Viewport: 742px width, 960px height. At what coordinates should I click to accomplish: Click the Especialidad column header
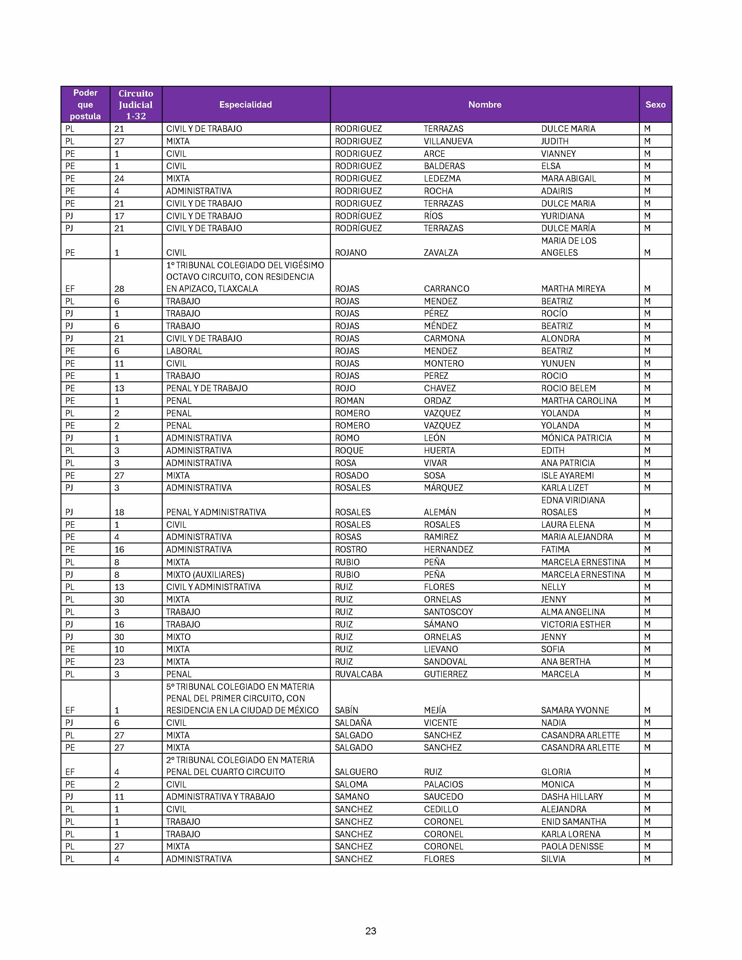(x=245, y=105)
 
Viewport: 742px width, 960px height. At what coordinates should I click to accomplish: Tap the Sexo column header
(x=655, y=105)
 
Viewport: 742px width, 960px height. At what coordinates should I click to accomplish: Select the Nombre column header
(x=484, y=105)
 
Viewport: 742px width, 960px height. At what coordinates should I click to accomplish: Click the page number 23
(x=370, y=931)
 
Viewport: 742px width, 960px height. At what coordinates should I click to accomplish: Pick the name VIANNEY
(x=558, y=154)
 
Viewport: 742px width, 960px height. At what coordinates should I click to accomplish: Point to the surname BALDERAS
(x=444, y=166)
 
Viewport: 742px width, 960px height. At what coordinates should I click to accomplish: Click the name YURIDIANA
(x=563, y=216)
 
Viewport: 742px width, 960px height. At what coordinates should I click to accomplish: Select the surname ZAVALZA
(x=441, y=253)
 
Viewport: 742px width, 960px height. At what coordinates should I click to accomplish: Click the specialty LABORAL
(x=184, y=351)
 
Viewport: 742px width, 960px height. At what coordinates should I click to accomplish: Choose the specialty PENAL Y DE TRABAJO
(x=207, y=388)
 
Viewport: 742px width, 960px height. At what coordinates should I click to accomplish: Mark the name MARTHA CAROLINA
(x=578, y=401)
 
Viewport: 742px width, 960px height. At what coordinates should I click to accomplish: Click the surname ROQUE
(x=349, y=451)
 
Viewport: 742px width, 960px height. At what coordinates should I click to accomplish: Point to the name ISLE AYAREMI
(x=567, y=476)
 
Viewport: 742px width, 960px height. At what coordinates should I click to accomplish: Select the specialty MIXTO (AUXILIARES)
(x=205, y=575)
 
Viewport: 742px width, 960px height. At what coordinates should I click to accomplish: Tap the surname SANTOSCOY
(x=448, y=612)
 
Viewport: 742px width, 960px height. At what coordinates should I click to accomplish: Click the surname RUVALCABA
(x=358, y=674)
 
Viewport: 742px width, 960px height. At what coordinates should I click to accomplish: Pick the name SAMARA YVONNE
(x=574, y=710)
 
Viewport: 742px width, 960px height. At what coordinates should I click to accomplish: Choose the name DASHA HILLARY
(x=571, y=797)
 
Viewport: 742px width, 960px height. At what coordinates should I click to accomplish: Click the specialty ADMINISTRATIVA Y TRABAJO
(x=220, y=797)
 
